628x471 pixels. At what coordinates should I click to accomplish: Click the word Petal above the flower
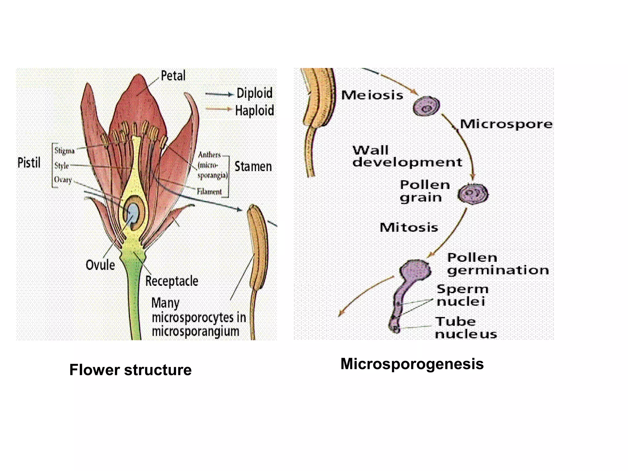coord(173,76)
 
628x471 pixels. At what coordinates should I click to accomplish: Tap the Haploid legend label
coord(254,110)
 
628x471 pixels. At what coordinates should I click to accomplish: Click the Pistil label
coord(29,163)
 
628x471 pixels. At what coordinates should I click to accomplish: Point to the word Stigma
coord(64,151)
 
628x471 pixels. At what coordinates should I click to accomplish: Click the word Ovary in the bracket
coord(63,179)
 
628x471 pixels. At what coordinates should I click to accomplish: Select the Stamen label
coord(253,167)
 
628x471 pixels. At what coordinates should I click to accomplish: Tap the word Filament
coord(209,192)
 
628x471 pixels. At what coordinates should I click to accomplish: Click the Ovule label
coord(100,265)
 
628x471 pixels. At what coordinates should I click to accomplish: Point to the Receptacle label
coord(172,281)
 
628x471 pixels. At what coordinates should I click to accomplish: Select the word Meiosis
coord(372,95)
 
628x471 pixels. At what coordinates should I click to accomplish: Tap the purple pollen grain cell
coord(473,194)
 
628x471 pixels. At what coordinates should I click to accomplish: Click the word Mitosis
coord(409,228)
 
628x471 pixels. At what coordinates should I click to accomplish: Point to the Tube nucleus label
coord(465,328)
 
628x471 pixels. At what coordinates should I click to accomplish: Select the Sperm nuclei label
coord(462,295)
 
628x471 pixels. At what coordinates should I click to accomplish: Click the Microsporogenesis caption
coord(412,364)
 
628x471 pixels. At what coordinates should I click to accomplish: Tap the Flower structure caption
coord(130,370)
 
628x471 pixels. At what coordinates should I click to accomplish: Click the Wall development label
coord(407,156)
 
